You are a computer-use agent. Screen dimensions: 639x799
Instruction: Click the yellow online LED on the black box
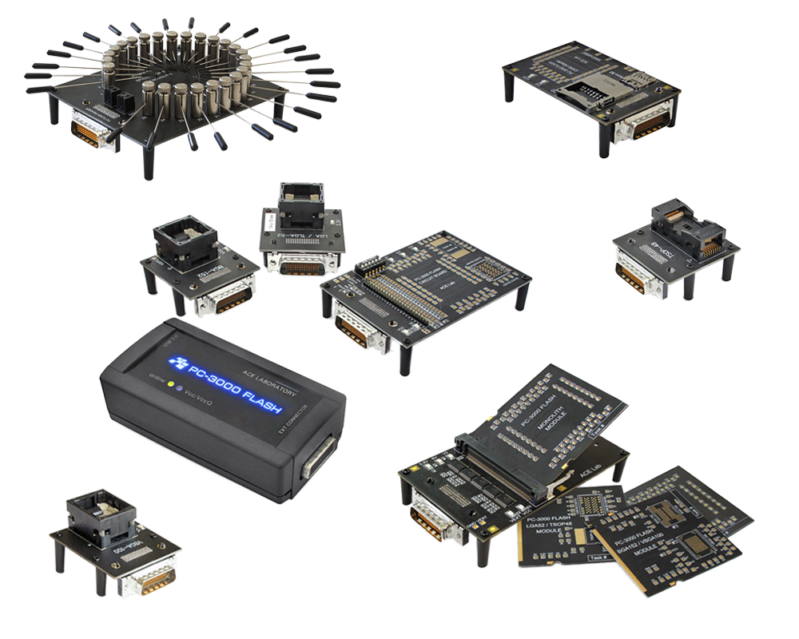(170, 384)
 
